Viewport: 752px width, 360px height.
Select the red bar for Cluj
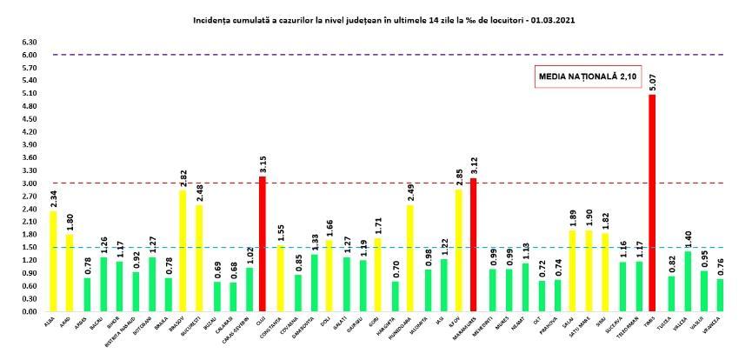tap(263, 243)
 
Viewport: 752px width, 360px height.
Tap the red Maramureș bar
tap(474, 244)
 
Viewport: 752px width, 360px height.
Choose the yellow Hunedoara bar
tap(409, 257)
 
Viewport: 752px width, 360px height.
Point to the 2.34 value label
tap(53, 200)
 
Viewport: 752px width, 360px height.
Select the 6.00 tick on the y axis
tap(29, 55)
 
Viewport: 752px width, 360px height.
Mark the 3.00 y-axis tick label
tap(29, 183)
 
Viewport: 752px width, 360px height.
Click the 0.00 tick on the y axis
tap(29, 311)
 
